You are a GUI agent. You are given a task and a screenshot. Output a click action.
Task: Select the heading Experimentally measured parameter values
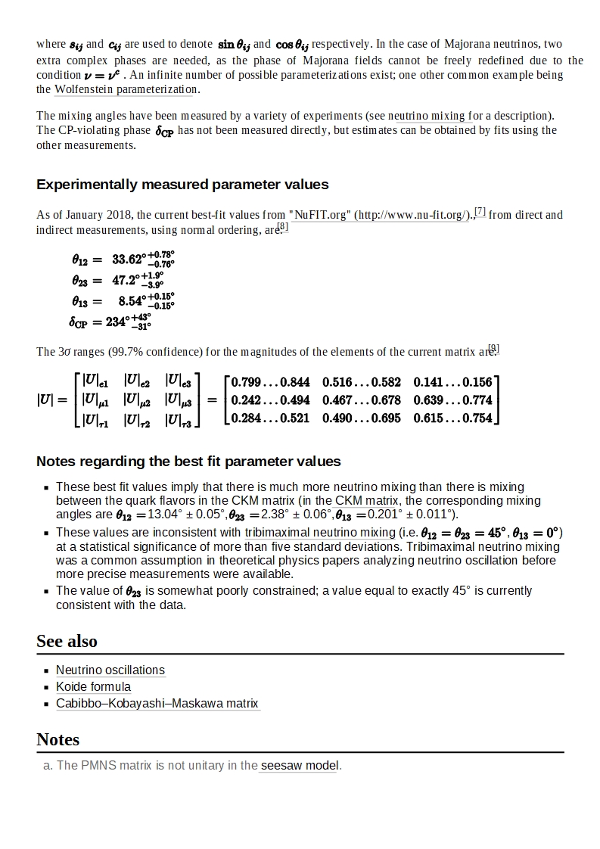click(182, 185)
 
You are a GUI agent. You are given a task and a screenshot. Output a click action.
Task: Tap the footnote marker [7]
click(480, 211)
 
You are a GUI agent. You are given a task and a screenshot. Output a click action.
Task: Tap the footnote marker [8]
click(282, 226)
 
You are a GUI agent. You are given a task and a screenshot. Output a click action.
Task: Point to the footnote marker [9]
click(493, 349)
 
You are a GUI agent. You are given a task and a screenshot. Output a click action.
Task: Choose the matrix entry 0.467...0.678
click(361, 400)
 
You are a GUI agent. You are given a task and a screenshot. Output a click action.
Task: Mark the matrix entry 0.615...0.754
click(452, 418)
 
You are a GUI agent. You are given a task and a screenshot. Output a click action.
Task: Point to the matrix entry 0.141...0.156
click(452, 382)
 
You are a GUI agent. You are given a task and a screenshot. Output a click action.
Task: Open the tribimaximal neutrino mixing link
click(320, 533)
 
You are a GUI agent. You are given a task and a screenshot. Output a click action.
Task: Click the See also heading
click(67, 641)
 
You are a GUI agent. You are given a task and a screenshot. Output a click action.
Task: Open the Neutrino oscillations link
click(110, 670)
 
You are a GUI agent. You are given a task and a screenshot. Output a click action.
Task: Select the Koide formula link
click(93, 687)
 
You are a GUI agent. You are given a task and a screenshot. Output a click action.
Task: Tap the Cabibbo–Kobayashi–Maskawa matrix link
click(157, 704)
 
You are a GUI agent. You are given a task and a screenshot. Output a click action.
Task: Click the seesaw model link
click(300, 766)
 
